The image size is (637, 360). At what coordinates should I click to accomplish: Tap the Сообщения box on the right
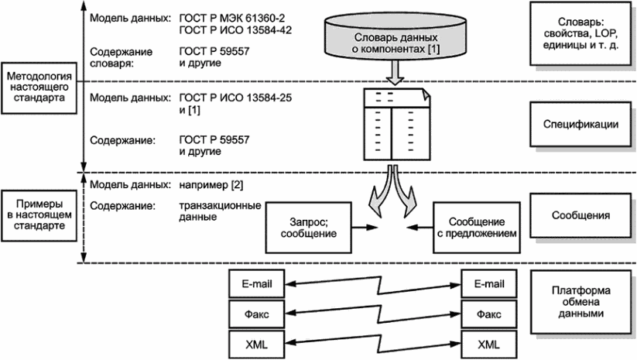(x=580, y=214)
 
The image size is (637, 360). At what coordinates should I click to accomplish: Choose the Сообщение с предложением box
(x=474, y=227)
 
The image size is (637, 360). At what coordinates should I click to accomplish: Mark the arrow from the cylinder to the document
(x=396, y=76)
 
